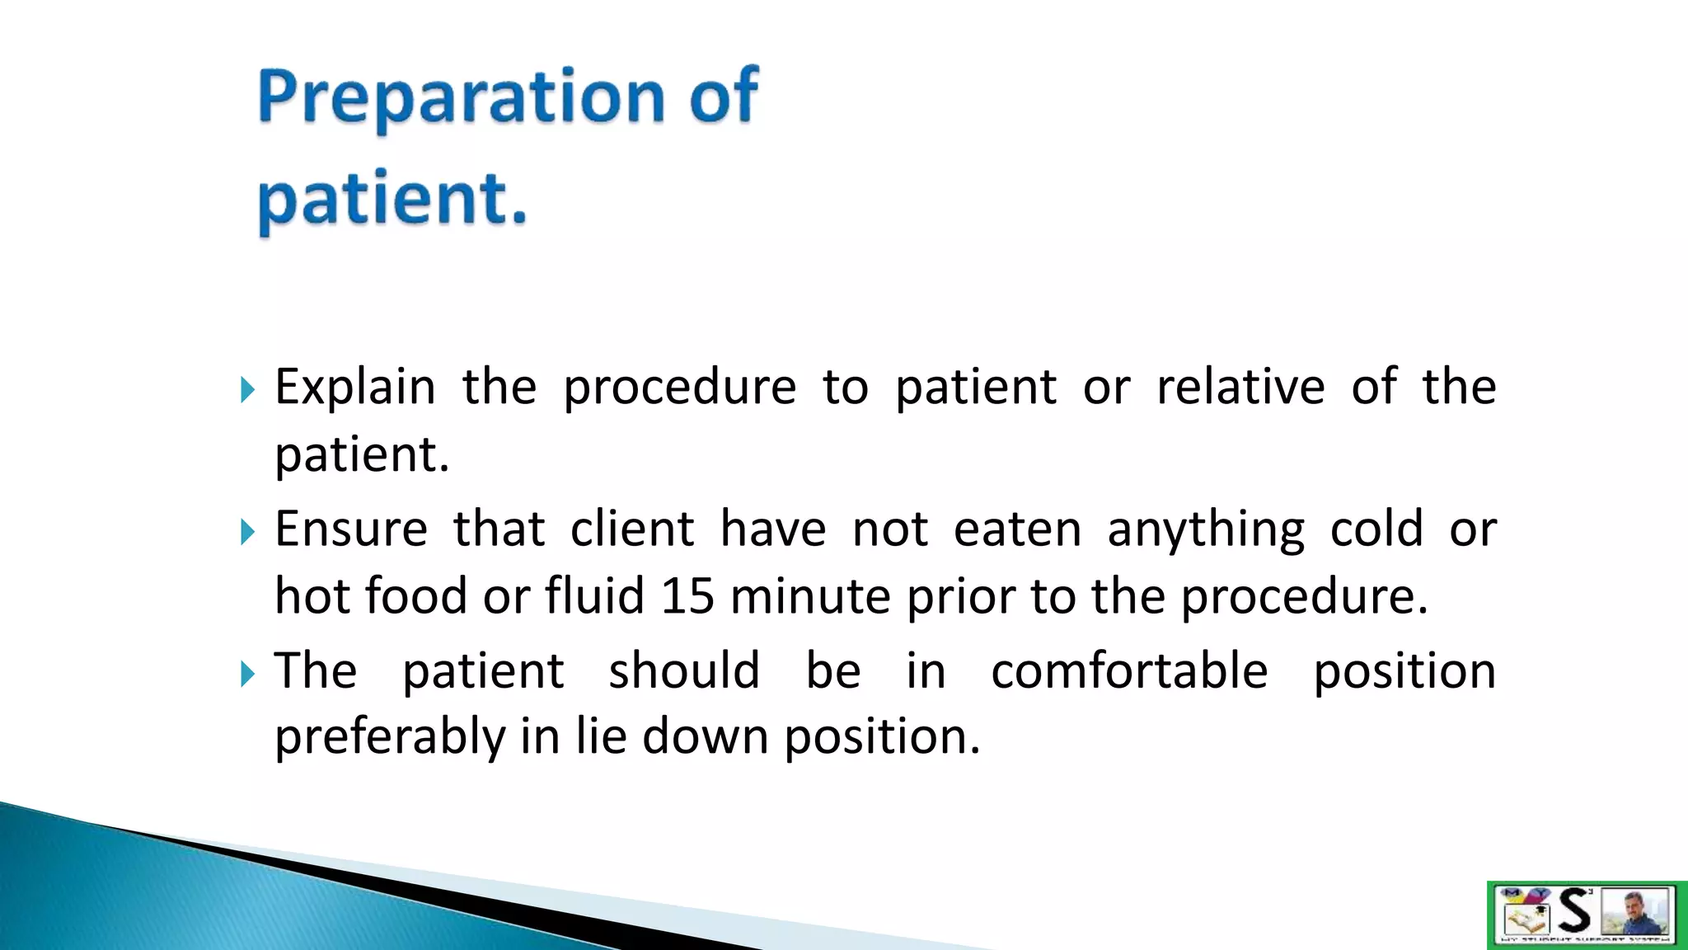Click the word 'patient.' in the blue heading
point(392,201)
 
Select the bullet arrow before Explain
point(247,389)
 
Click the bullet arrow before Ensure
point(247,531)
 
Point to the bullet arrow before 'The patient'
point(247,673)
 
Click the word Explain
point(354,388)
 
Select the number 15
point(687,595)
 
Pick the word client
point(632,529)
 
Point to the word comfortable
point(1128,670)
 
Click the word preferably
point(389,737)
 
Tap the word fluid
point(594,595)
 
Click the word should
point(684,670)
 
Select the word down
point(705,736)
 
